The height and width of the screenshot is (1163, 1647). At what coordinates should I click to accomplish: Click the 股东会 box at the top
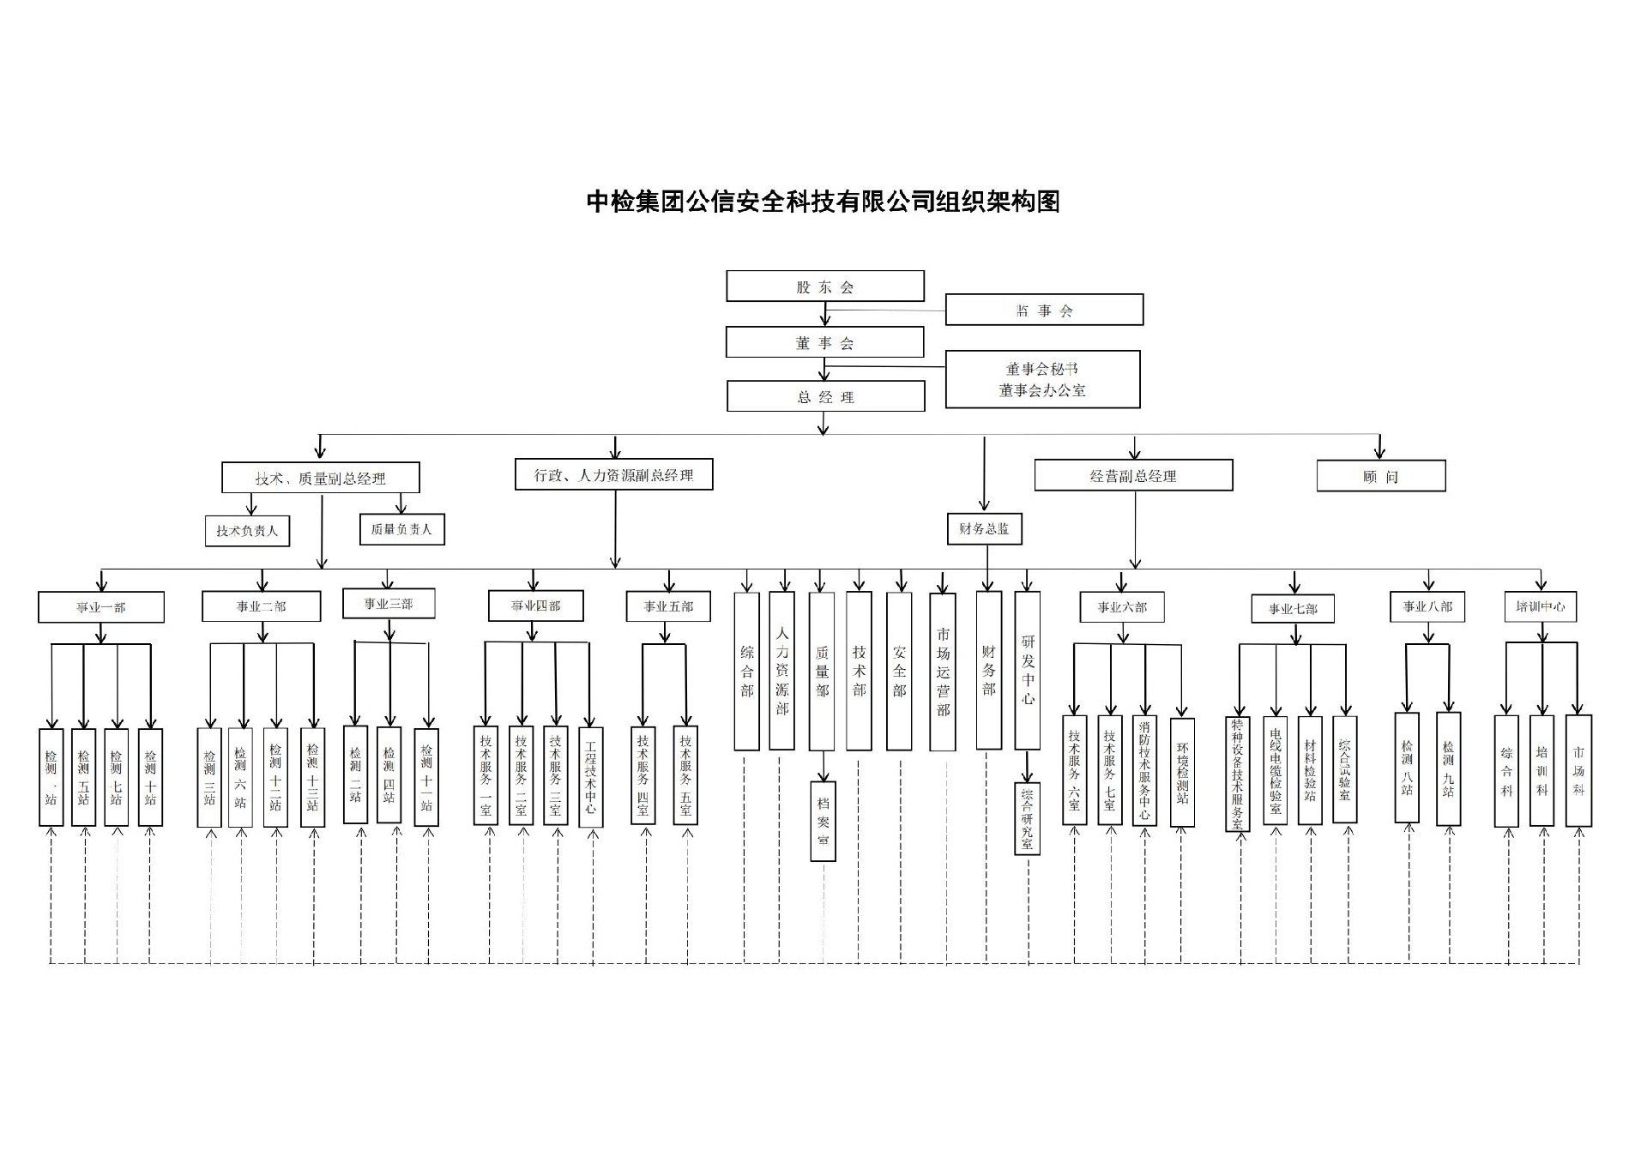coord(824,286)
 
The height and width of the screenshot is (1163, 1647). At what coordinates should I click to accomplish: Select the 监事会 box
coord(1043,310)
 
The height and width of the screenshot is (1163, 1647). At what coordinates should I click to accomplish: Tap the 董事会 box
coord(824,342)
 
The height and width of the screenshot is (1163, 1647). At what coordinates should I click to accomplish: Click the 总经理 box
coord(825,396)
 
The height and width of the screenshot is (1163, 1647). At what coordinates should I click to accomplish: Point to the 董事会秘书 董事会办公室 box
coord(1042,379)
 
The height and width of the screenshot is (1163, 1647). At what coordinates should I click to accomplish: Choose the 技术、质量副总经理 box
coord(320,478)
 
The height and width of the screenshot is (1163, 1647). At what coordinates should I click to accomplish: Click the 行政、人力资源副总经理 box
coord(613,474)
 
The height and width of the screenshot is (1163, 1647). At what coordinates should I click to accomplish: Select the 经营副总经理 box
coord(1132,475)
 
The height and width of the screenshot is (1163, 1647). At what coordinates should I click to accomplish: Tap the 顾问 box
coord(1380,476)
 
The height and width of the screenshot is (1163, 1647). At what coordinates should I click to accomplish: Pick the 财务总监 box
coord(984,528)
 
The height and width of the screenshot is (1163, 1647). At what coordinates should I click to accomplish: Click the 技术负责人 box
coord(247,531)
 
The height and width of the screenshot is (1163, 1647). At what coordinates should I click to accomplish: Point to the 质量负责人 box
coord(401,529)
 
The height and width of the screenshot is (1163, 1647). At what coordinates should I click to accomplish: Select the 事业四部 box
coord(535,606)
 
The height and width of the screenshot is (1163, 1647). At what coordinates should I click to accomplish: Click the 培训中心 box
coord(1541,606)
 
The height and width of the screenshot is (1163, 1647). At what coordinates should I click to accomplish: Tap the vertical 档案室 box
coord(823,821)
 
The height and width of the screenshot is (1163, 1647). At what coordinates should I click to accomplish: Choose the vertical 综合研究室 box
coord(1027,819)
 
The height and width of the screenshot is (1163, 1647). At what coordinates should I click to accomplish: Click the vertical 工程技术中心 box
coord(590,777)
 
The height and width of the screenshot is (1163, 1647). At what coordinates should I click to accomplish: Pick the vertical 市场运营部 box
coord(943,672)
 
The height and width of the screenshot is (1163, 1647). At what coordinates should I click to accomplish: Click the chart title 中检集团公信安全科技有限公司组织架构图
coord(823,202)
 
